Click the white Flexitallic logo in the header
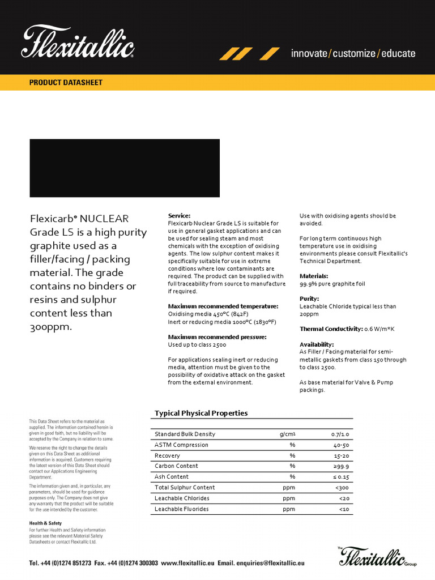click(78, 42)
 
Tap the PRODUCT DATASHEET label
click(66, 83)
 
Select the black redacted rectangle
click(124, 168)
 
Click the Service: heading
click(180, 216)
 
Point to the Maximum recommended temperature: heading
click(215, 306)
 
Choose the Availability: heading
click(317, 344)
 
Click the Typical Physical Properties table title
click(201, 413)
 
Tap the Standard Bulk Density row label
click(185, 434)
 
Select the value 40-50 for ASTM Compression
click(341, 445)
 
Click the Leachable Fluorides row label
click(182, 509)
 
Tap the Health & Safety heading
click(45, 523)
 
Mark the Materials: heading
click(314, 276)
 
